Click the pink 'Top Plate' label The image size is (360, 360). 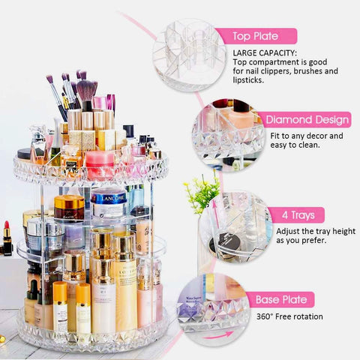(256, 36)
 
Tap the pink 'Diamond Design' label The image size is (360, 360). (307, 120)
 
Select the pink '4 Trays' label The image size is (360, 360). (298, 215)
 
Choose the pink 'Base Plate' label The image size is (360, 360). (281, 299)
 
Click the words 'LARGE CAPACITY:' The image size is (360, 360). (265, 53)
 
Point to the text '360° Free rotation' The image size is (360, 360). (289, 316)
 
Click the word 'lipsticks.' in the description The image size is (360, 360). (248, 80)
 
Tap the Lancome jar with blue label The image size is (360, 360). (109, 203)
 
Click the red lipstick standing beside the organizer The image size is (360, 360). (7, 238)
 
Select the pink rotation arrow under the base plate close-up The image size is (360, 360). (217, 335)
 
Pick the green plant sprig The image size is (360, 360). (202, 193)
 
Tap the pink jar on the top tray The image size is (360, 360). (100, 165)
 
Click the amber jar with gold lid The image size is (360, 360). (69, 208)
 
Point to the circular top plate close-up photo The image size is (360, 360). (190, 55)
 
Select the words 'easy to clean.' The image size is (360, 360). (295, 145)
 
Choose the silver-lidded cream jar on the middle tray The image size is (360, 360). (45, 232)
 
